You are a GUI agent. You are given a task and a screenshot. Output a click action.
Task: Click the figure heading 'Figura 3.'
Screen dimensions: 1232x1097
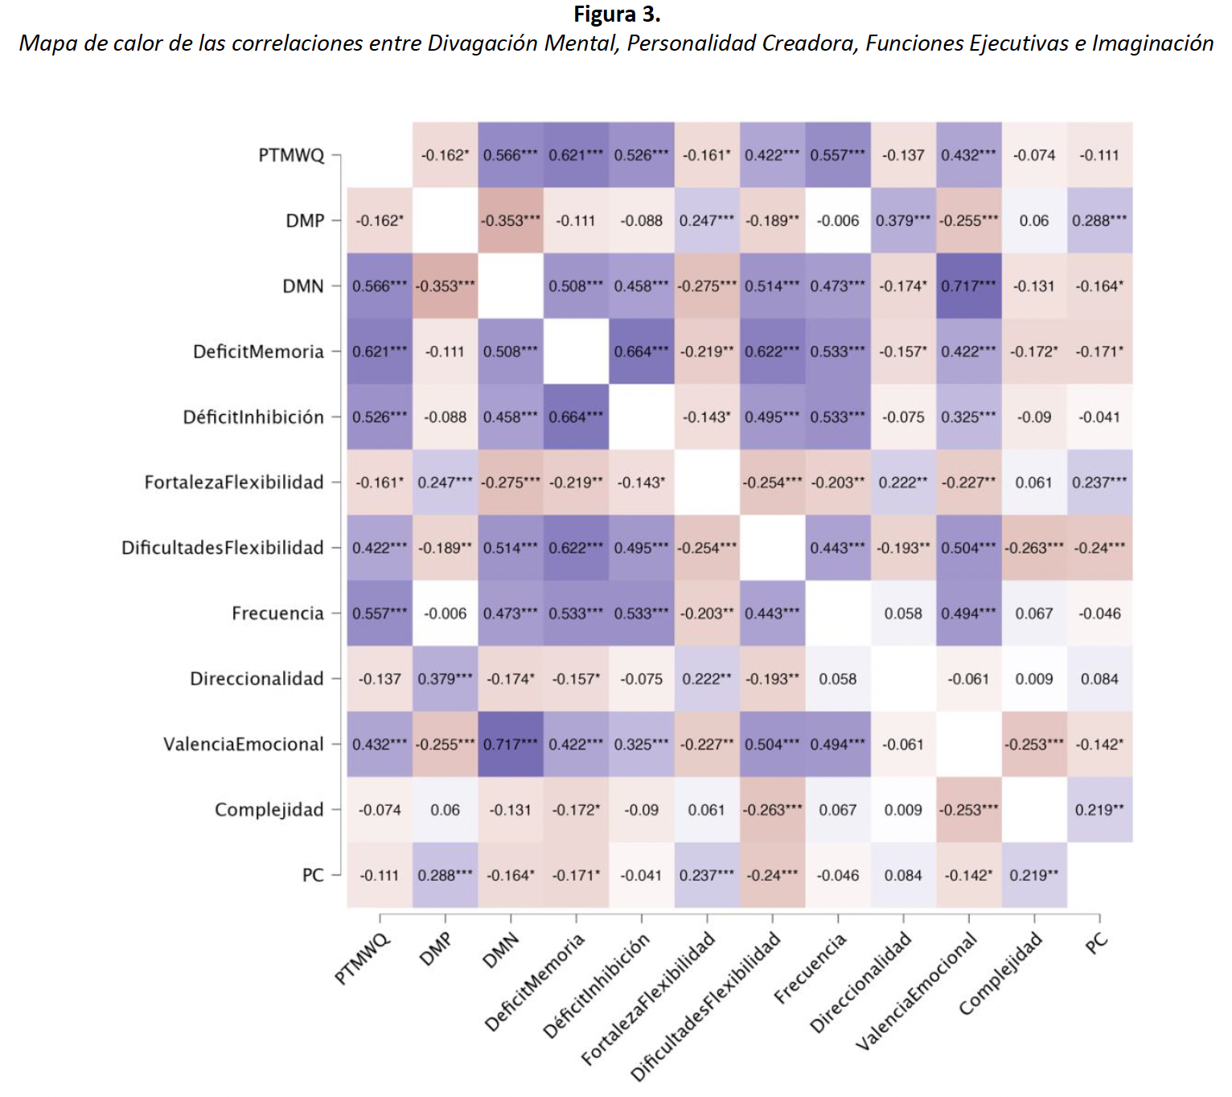(x=616, y=14)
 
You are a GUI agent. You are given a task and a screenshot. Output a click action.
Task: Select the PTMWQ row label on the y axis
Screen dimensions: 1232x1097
(x=291, y=155)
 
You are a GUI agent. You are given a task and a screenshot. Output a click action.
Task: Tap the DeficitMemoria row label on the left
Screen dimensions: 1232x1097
(x=258, y=351)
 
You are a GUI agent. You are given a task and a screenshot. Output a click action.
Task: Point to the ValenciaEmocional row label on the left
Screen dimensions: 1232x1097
(x=243, y=744)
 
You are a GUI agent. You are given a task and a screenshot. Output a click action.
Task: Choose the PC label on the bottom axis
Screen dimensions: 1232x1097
(x=1096, y=943)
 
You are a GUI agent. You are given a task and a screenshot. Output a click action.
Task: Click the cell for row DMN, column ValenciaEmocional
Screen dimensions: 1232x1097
(x=969, y=286)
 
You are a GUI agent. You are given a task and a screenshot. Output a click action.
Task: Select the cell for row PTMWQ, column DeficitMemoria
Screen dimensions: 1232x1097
(x=576, y=155)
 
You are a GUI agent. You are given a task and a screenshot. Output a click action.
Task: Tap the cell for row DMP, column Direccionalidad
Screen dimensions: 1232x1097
(x=903, y=220)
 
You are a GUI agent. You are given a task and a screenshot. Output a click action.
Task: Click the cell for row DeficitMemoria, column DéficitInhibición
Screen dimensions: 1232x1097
(x=642, y=351)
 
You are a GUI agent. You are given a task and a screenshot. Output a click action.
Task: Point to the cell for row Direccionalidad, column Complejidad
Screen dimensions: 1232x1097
(x=1034, y=679)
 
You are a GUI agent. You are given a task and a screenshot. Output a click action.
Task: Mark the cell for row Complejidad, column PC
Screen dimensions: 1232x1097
(x=1099, y=809)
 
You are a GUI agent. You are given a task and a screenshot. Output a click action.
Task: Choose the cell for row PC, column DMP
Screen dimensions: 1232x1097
(x=446, y=875)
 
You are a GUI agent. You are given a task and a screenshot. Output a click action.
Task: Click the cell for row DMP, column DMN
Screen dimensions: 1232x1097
(x=511, y=220)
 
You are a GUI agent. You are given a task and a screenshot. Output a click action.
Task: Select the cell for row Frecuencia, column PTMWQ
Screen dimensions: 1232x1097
(x=380, y=613)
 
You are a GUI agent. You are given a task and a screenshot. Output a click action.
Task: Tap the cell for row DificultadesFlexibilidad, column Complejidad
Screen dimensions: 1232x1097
(x=1034, y=547)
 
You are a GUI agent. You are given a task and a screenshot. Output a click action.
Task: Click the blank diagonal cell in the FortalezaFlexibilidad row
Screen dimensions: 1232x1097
(x=707, y=483)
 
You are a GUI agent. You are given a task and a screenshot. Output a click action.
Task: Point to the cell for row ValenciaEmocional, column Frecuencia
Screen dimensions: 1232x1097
(x=838, y=744)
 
